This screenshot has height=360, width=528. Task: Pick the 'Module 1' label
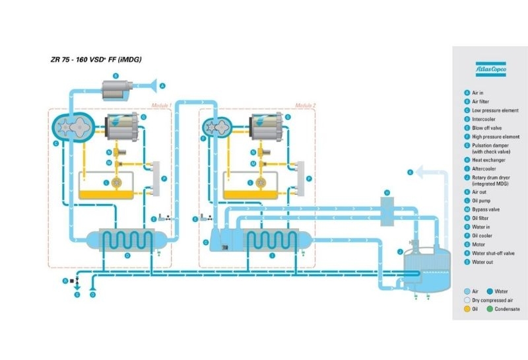(161, 106)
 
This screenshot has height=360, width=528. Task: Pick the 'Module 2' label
(305, 106)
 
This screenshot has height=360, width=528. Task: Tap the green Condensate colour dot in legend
(490, 308)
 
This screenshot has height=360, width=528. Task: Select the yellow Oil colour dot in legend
(467, 308)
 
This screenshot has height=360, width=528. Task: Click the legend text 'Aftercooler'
(486, 168)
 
